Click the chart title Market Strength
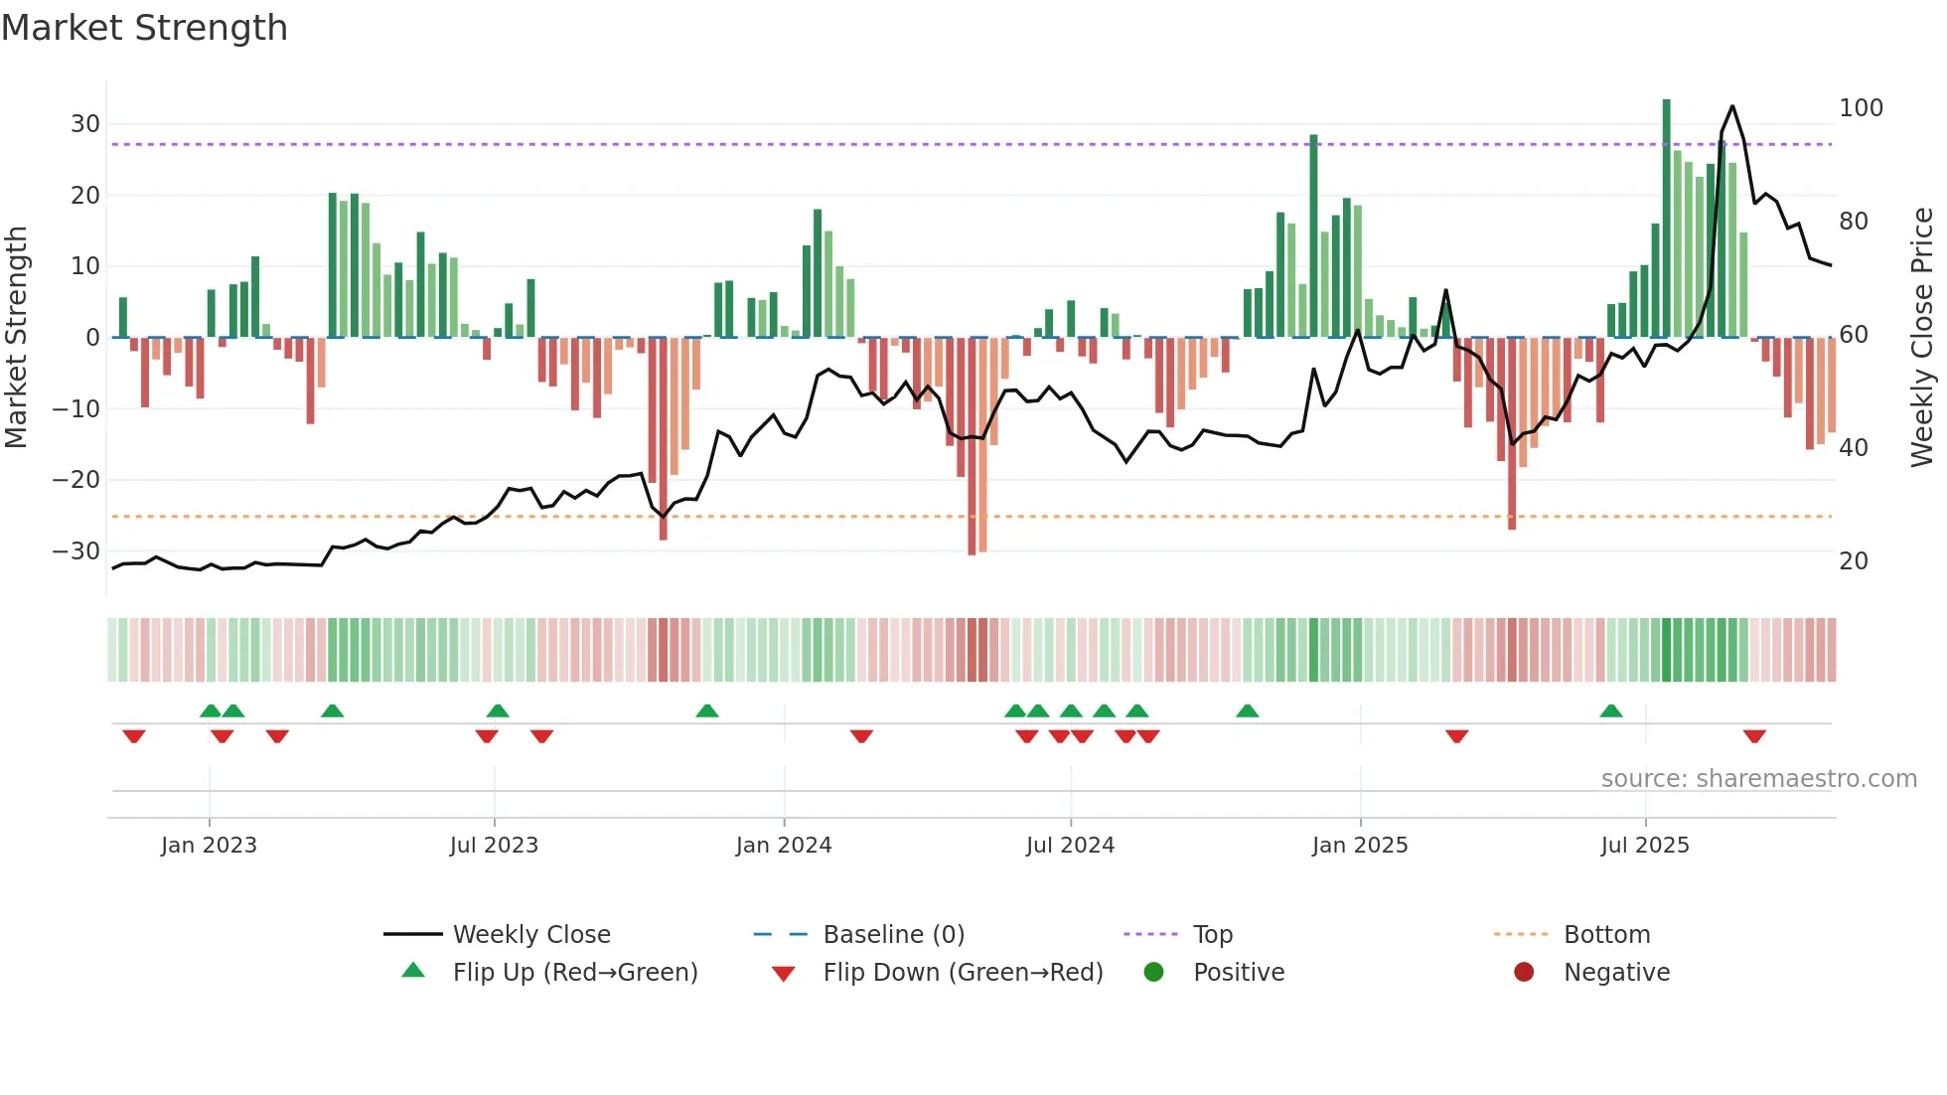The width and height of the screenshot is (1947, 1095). tap(144, 28)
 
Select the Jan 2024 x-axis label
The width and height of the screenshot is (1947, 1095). tap(783, 846)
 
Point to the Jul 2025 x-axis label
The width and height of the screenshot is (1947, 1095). tap(1644, 846)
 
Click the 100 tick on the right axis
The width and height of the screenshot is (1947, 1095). tap(1861, 108)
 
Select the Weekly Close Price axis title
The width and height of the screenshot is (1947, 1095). tap(1922, 338)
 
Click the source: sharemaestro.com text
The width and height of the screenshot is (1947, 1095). tap(1758, 779)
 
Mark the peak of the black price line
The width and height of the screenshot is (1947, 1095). tap(1732, 106)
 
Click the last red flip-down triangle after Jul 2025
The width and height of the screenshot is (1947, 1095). tap(1754, 736)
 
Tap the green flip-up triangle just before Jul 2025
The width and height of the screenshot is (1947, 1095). tap(1611, 710)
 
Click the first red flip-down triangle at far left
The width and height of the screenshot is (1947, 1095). tap(134, 736)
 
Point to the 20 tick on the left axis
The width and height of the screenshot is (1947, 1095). tap(84, 196)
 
